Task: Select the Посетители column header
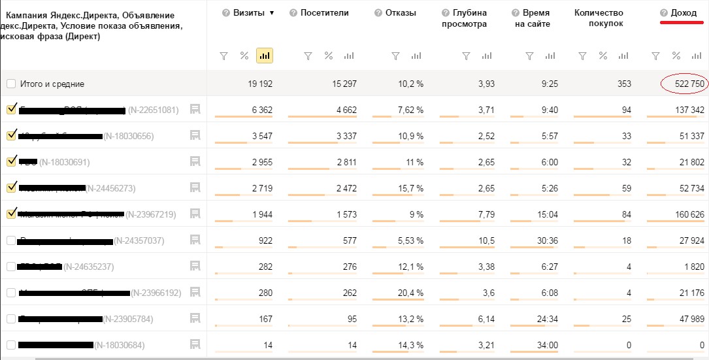click(324, 13)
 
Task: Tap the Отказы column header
click(401, 13)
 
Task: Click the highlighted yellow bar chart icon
click(265, 56)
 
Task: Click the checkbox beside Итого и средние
click(11, 84)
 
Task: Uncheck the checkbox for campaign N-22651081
click(11, 110)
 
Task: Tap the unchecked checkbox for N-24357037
click(11, 240)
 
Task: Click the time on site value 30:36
click(546, 240)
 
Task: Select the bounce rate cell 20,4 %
click(408, 293)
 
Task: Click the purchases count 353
click(623, 84)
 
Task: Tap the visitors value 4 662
click(346, 110)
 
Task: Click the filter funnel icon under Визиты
click(223, 56)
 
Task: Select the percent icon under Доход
click(676, 56)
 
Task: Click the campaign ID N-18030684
click(120, 345)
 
